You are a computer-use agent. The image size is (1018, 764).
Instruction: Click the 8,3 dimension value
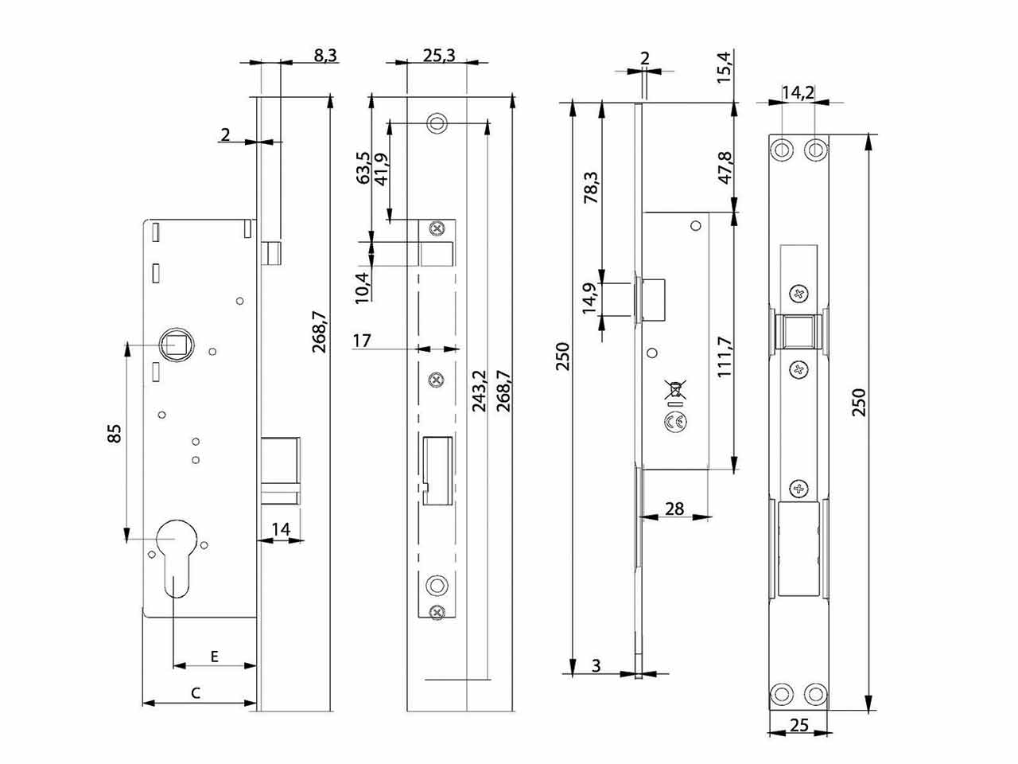pyautogui.click(x=325, y=55)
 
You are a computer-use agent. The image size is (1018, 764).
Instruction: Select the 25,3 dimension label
pyautogui.click(x=439, y=55)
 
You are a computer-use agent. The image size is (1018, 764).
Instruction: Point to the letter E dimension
pyautogui.click(x=214, y=657)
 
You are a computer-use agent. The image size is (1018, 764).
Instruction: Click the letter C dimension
pyautogui.click(x=196, y=693)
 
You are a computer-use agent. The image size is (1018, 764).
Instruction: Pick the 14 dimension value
pyautogui.click(x=281, y=529)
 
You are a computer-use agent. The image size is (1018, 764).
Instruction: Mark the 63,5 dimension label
pyautogui.click(x=363, y=167)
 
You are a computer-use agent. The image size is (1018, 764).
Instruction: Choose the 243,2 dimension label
pyautogui.click(x=479, y=391)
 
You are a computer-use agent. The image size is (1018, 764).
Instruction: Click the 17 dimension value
pyautogui.click(x=362, y=341)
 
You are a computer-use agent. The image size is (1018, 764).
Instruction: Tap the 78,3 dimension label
pyautogui.click(x=591, y=187)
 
